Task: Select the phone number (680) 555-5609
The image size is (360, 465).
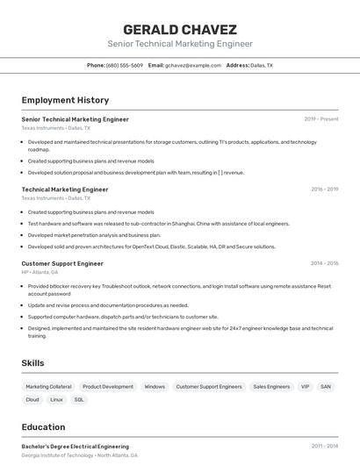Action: click(125, 65)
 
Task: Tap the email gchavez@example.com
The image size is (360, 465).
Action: click(193, 65)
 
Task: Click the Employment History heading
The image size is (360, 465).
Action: click(65, 101)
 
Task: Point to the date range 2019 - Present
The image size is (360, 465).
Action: click(321, 118)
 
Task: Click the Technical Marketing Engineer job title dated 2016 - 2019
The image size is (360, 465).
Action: click(65, 189)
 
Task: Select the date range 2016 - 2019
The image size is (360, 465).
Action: click(324, 189)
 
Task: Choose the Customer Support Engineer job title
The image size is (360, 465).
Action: click(62, 263)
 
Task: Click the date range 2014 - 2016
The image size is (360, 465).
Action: click(324, 263)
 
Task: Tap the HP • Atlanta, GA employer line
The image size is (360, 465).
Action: click(40, 272)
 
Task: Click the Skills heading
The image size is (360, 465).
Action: click(33, 363)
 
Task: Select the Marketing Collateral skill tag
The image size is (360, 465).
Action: click(48, 386)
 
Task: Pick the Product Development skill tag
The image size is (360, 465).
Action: click(108, 386)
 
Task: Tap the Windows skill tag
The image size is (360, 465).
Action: click(155, 386)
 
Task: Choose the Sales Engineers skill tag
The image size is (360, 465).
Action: click(271, 386)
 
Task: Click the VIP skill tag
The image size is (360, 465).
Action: click(305, 386)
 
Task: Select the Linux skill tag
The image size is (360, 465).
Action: click(56, 399)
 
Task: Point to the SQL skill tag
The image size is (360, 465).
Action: click(79, 399)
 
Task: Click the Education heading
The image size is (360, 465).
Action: click(44, 427)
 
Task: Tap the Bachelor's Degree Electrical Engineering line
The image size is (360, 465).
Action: click(75, 447)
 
